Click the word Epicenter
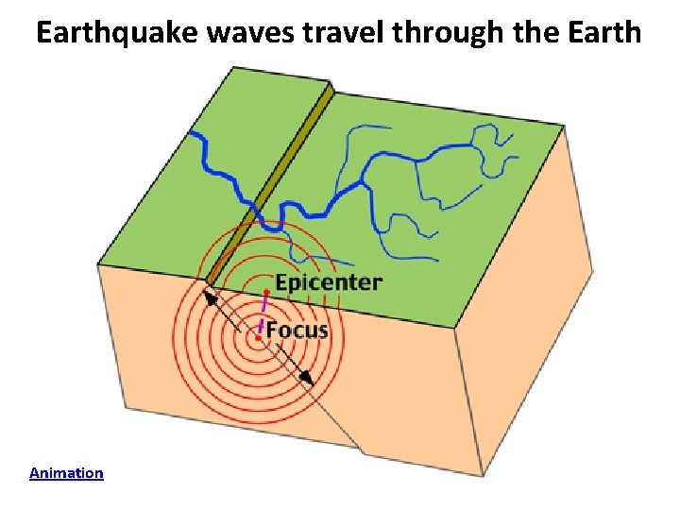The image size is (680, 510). click(x=329, y=282)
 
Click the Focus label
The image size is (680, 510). click(x=297, y=330)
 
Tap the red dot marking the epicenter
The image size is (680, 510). click(x=267, y=289)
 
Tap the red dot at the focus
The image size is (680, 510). click(x=258, y=336)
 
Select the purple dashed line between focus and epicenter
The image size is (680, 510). click(x=263, y=313)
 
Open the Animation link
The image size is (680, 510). click(x=66, y=472)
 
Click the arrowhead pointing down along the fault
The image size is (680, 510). click(x=306, y=378)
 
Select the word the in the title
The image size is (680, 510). click(x=543, y=33)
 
